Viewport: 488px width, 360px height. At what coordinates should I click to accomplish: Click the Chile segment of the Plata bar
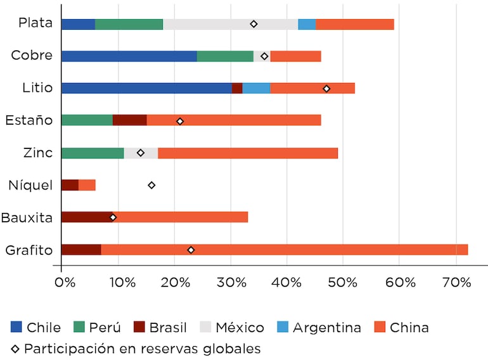click(x=78, y=24)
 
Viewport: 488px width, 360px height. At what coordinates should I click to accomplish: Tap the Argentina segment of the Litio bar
click(x=256, y=88)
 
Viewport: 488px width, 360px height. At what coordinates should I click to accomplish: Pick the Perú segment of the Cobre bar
click(x=225, y=56)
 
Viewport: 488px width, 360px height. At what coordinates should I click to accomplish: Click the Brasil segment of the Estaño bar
click(x=129, y=120)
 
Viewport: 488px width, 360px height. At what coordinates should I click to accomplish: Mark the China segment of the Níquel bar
click(x=87, y=185)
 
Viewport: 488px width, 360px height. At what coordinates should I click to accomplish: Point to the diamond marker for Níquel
click(x=151, y=185)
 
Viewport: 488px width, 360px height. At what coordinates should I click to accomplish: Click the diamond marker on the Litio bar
click(x=326, y=89)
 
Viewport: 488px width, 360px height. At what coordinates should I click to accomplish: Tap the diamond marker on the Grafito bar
click(x=191, y=250)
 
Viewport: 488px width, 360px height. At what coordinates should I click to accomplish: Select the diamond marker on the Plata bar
click(x=254, y=24)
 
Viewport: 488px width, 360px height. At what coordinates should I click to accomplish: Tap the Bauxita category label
click(x=27, y=217)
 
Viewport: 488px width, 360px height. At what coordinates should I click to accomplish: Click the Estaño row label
click(x=29, y=120)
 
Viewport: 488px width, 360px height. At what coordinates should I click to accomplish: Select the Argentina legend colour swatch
click(x=282, y=327)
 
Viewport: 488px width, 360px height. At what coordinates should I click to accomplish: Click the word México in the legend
click(x=240, y=328)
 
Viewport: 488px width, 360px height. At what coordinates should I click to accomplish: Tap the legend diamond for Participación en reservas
click(x=15, y=349)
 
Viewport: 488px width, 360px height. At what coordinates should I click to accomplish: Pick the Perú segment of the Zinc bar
click(x=93, y=153)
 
